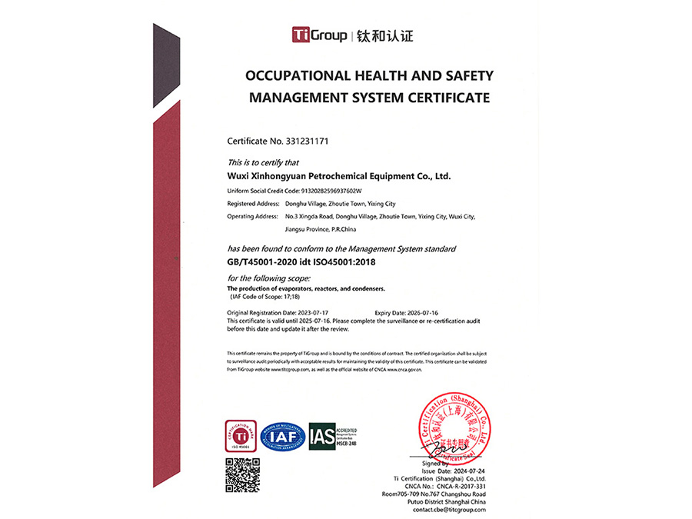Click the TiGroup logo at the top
click(320, 35)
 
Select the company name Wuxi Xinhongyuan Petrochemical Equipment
click(338, 176)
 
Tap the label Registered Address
click(252, 203)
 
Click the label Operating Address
click(251, 216)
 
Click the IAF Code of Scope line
click(264, 296)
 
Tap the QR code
click(241, 474)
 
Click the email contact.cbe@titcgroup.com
click(450, 509)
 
